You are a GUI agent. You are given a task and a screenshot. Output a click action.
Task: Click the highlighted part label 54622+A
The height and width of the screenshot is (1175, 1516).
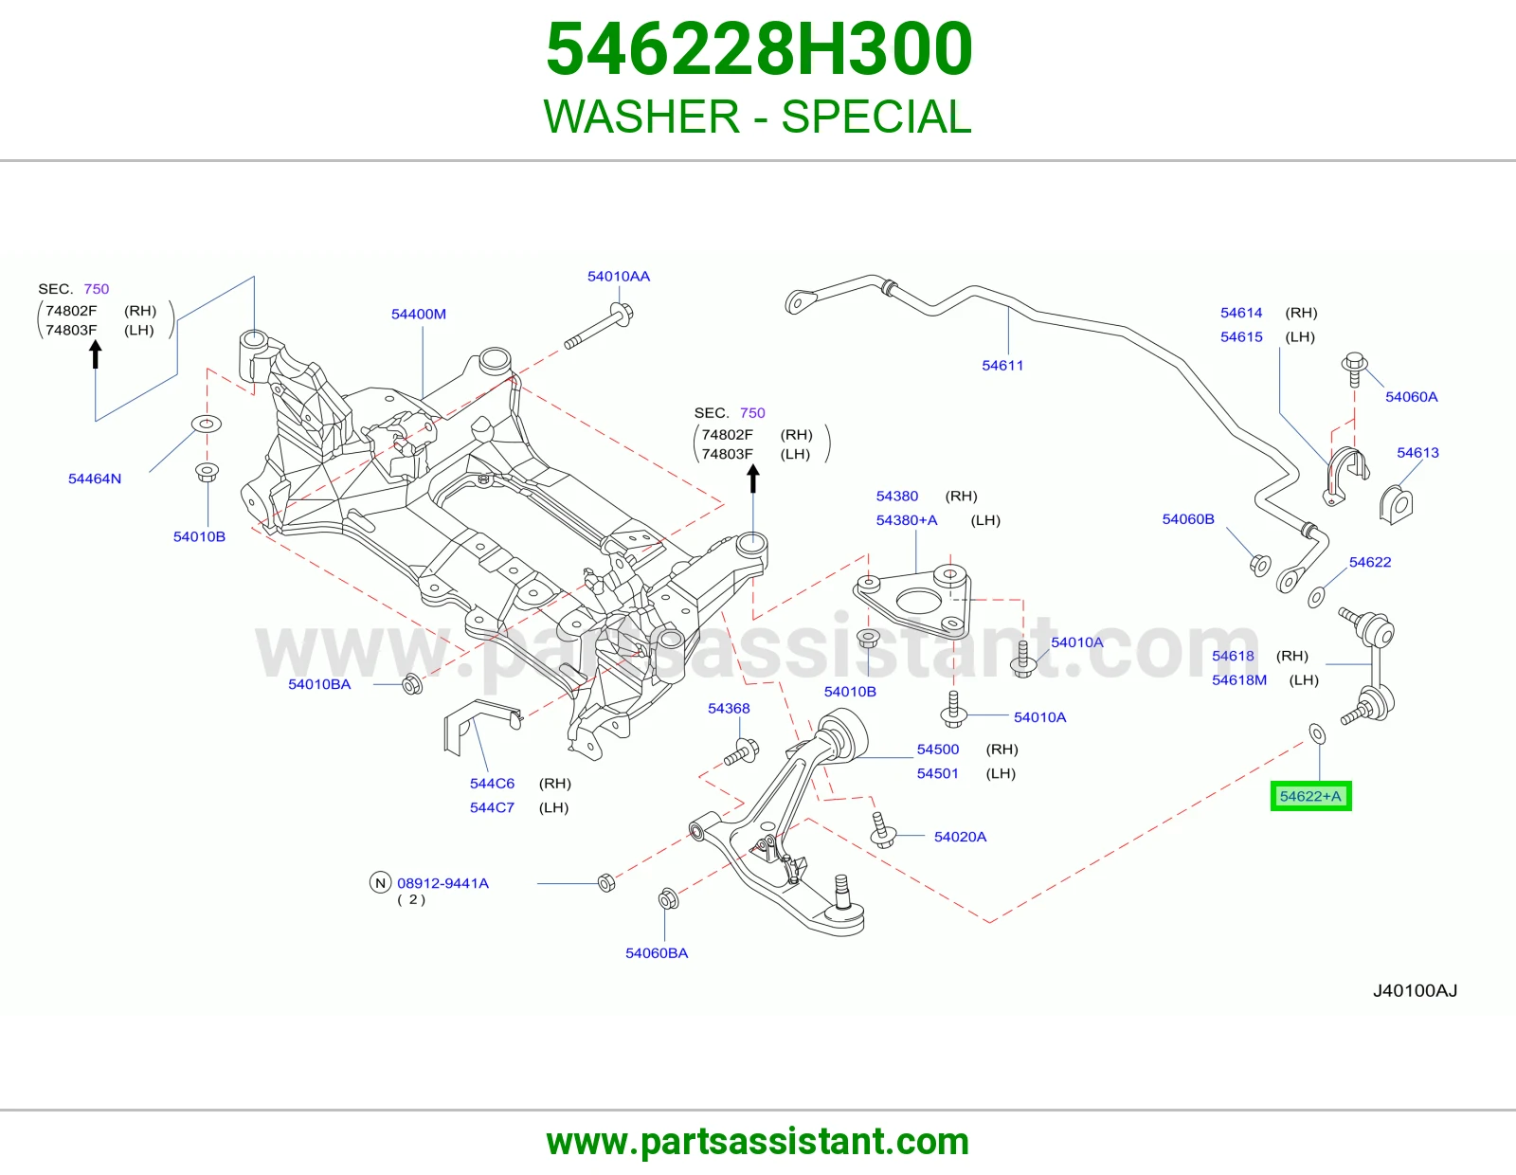click(x=1310, y=796)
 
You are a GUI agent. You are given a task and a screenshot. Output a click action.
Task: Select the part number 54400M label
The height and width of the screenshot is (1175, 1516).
click(x=419, y=314)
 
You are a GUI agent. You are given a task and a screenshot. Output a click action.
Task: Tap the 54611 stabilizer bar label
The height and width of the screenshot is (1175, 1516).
click(x=1002, y=365)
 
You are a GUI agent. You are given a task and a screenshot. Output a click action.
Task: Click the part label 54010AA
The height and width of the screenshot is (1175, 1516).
click(x=619, y=277)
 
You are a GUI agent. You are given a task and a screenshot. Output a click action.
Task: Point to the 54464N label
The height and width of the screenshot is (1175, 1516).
click(x=95, y=479)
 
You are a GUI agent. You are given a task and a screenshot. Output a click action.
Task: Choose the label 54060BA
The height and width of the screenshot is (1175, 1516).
click(x=657, y=953)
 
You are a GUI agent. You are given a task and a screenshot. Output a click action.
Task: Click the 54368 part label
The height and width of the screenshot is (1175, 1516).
click(x=729, y=708)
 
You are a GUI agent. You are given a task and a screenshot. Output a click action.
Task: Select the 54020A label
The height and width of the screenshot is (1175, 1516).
click(x=960, y=837)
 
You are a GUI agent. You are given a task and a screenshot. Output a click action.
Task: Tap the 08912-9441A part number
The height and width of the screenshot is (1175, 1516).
click(x=443, y=883)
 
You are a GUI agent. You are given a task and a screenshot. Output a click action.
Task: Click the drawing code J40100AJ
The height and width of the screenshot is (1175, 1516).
click(x=1415, y=991)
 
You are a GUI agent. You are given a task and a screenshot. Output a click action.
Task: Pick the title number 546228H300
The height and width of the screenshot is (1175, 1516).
click(x=758, y=49)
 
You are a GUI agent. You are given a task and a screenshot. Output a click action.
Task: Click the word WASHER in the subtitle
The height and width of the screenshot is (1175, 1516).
click(x=641, y=117)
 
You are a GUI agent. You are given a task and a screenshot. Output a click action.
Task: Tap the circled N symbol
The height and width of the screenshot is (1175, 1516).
click(x=380, y=882)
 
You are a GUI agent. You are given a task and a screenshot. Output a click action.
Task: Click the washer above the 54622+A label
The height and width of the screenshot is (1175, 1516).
click(x=1317, y=734)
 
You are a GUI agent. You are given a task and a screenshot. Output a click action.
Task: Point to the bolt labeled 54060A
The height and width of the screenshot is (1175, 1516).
click(x=1354, y=370)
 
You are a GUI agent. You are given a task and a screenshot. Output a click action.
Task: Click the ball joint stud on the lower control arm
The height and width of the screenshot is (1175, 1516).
click(x=841, y=891)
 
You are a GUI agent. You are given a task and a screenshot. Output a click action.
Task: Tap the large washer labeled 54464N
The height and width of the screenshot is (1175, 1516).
click(x=207, y=424)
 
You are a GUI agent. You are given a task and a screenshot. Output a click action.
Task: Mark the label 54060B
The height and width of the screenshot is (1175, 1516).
click(x=1188, y=519)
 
